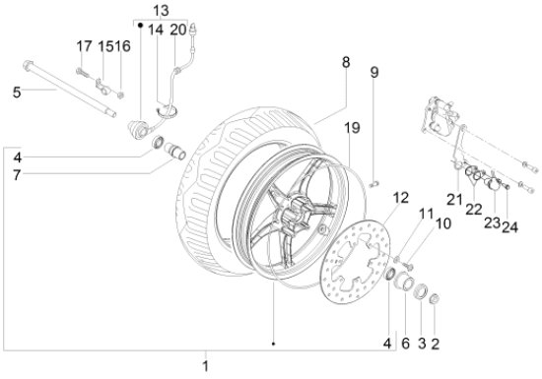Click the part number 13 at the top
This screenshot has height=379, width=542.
(161, 11)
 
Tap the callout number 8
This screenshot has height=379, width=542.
(346, 62)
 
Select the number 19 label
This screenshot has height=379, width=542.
(352, 128)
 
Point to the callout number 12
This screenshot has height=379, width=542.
(401, 198)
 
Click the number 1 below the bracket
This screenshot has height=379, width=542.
(205, 366)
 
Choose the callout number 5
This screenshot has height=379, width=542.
(17, 93)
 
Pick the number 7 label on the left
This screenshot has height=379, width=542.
(17, 175)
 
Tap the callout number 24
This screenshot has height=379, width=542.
(509, 227)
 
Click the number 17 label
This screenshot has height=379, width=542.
(84, 46)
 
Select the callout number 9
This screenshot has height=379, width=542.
(374, 72)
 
